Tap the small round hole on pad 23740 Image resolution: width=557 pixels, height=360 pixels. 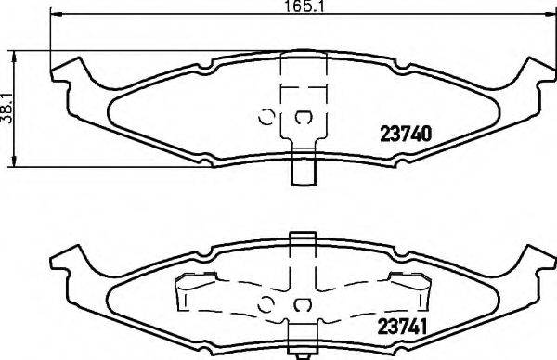265,117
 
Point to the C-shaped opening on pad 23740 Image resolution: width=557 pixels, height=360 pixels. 302,117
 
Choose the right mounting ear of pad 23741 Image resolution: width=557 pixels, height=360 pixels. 535,260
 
